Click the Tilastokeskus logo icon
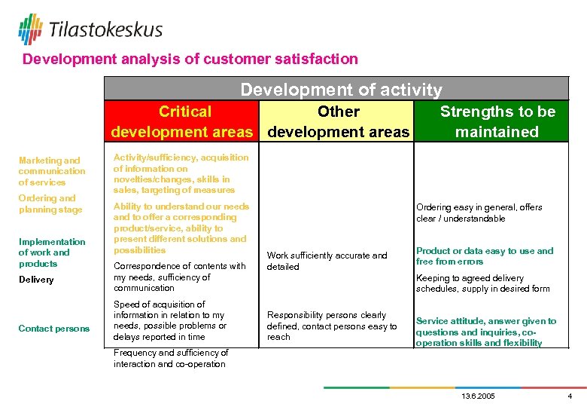point(31,29)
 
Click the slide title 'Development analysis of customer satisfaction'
point(190,59)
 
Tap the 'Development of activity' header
point(341,90)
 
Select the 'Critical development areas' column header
point(182,122)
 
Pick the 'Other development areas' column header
point(339,122)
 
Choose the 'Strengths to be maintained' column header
point(497,122)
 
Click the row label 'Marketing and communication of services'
point(52,171)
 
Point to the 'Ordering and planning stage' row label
point(47,204)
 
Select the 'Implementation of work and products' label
point(52,252)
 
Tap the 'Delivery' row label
point(36,280)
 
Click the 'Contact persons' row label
point(54,329)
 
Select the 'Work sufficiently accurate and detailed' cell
point(327,262)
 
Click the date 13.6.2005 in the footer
point(477,396)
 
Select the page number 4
point(570,396)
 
